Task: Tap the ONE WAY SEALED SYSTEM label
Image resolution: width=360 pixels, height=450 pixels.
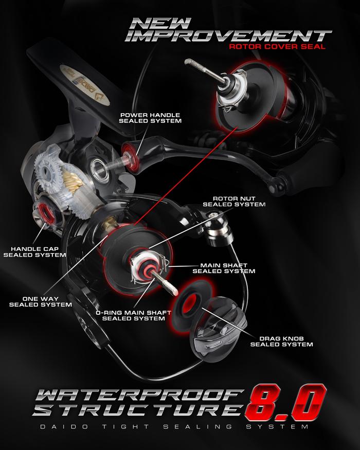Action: point(40,301)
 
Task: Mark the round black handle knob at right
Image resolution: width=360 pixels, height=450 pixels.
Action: point(280,182)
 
